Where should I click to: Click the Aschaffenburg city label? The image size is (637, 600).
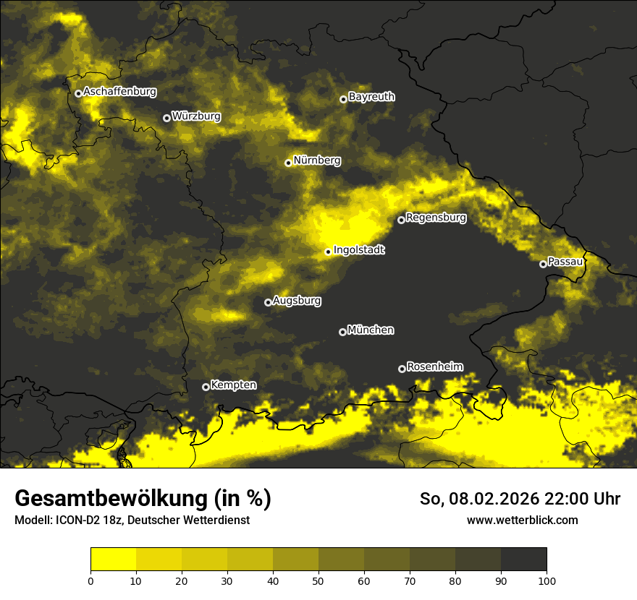click(x=119, y=92)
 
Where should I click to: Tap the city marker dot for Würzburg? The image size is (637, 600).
click(x=166, y=118)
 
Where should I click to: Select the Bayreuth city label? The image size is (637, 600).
click(x=371, y=97)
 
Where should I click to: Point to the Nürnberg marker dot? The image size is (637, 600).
click(x=288, y=163)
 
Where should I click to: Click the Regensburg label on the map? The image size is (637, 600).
click(x=436, y=218)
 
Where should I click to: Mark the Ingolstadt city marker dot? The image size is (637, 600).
click(x=328, y=252)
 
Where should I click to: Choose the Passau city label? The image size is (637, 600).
click(x=565, y=262)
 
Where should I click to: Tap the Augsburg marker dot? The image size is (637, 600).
click(x=268, y=302)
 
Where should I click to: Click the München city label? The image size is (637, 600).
click(x=371, y=330)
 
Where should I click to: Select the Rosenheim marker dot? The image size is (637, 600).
click(x=402, y=369)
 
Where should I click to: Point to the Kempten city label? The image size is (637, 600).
click(x=233, y=385)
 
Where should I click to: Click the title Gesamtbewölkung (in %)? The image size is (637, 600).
click(x=143, y=499)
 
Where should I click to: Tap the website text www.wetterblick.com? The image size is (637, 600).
click(x=522, y=520)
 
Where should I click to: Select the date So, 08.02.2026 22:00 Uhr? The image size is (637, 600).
click(x=520, y=499)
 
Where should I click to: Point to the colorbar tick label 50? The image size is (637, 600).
click(x=318, y=580)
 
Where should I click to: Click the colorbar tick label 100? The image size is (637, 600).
click(x=547, y=580)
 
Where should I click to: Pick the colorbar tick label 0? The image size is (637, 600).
click(x=90, y=580)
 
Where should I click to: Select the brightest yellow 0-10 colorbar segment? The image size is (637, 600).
click(x=113, y=560)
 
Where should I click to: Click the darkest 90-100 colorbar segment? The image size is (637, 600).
click(x=523, y=560)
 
